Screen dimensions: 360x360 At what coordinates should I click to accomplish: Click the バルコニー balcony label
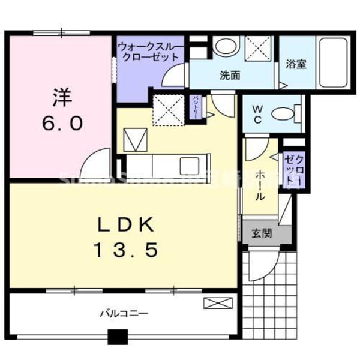(124, 313)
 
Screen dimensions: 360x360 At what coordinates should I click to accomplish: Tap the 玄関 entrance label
(261, 233)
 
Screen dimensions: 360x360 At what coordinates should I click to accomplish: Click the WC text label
(256, 112)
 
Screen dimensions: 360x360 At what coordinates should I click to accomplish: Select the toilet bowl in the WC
(283, 113)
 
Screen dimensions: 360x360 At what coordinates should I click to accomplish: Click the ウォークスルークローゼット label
(148, 52)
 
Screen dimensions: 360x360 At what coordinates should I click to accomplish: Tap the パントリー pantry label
(196, 107)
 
